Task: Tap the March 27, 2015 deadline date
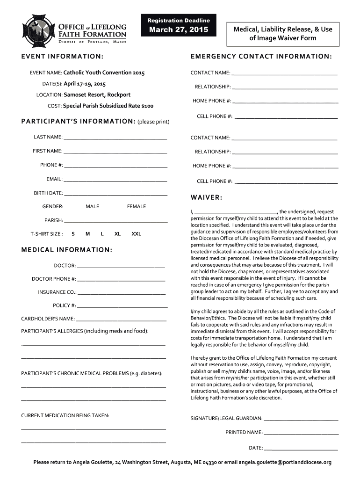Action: (x=179, y=31)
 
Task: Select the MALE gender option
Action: (x=93, y=206)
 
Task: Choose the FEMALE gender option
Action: (x=137, y=206)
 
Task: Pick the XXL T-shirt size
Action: (x=136, y=234)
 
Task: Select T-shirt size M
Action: (x=87, y=234)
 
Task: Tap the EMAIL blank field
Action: (x=115, y=180)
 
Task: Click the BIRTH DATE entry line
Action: (x=115, y=194)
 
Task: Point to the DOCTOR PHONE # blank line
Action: (x=122, y=280)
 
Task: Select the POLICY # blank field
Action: (x=122, y=306)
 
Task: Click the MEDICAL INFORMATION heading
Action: (x=67, y=250)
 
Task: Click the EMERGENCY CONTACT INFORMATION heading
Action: (x=261, y=57)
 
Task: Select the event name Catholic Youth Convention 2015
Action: (x=104, y=73)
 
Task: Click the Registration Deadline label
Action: (x=179, y=21)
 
